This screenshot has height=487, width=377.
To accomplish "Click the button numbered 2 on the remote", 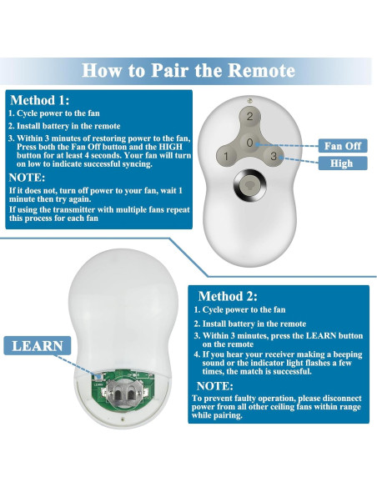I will (x=249, y=117).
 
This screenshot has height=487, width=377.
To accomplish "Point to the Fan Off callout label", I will (x=342, y=146).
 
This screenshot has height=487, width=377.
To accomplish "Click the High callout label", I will (x=342, y=163).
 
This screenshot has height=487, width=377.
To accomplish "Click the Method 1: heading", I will (x=46, y=99).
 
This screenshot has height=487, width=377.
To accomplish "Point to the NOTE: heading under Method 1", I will (x=28, y=178).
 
